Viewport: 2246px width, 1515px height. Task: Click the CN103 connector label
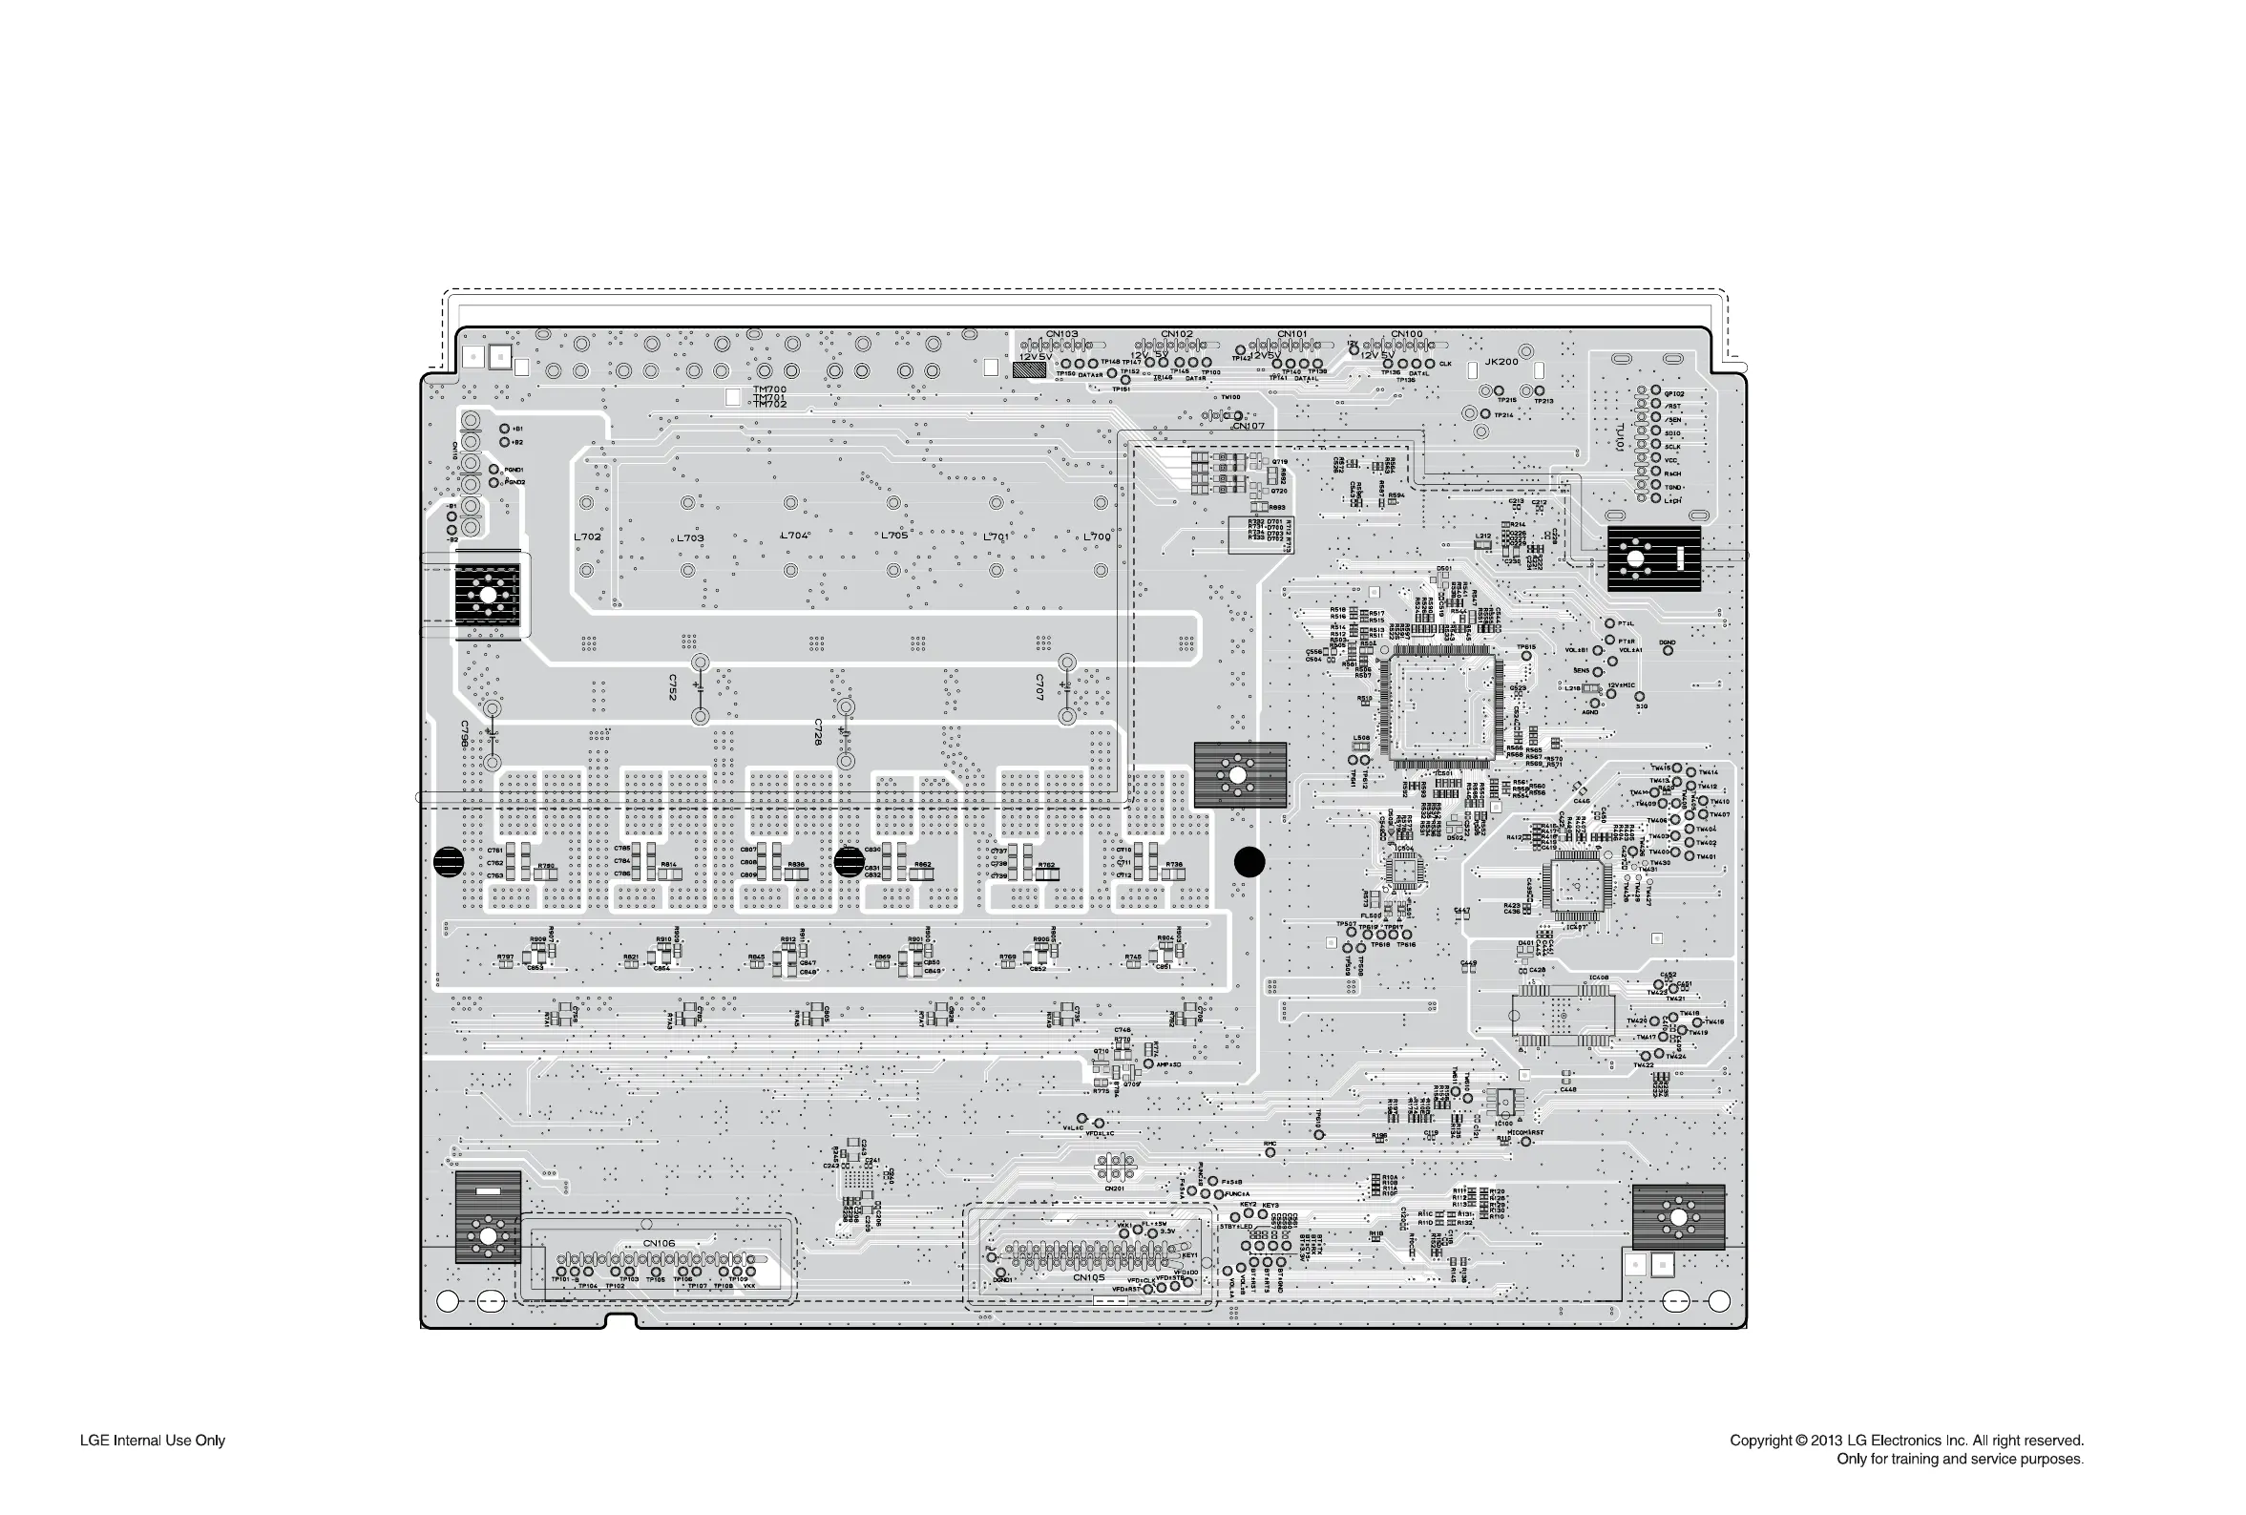(1061, 334)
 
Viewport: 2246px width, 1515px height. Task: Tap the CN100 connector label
(1406, 334)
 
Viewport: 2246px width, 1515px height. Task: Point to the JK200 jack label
(1501, 362)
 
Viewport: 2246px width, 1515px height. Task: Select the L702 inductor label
(587, 537)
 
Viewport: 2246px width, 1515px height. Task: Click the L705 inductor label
(893, 536)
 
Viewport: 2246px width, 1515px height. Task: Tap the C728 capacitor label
(818, 731)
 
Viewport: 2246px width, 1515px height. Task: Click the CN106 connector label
(659, 1244)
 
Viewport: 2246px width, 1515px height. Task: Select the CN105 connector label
(1088, 1277)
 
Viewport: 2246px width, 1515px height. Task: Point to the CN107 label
(1249, 426)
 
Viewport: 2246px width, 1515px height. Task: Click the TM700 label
(770, 389)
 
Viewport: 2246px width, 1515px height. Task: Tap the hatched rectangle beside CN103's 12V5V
(1030, 370)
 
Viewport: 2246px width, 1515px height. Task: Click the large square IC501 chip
(1440, 704)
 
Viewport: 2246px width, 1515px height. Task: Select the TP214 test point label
(1504, 415)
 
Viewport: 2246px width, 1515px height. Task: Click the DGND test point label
(1668, 642)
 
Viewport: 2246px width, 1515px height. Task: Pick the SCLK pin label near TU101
(1672, 448)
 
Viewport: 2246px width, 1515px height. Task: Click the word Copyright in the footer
(1760, 1441)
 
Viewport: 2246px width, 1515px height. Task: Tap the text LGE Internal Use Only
(153, 1441)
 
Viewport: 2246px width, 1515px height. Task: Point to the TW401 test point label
(1707, 857)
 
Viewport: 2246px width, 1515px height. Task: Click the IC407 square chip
(1577, 885)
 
